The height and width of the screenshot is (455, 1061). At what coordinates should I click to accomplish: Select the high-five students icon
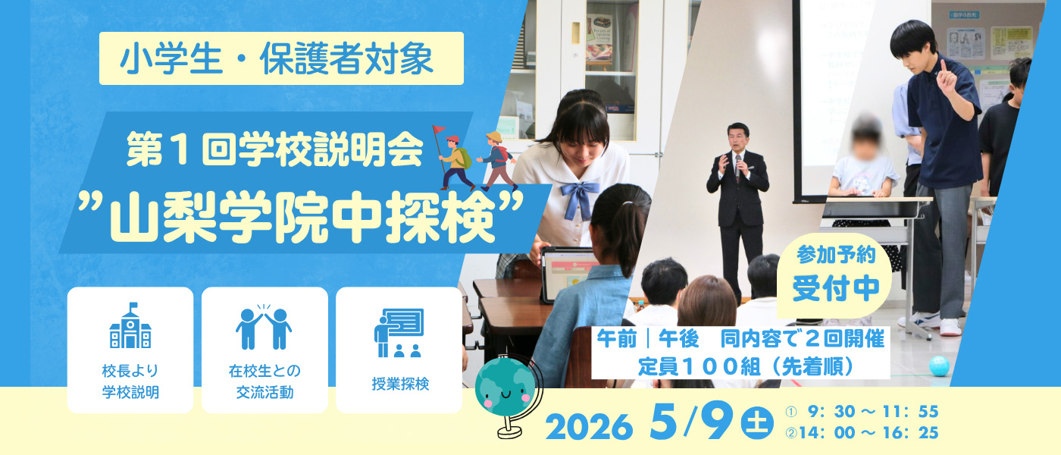coord(264,327)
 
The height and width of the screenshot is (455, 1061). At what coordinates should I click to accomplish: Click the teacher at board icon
coord(399,333)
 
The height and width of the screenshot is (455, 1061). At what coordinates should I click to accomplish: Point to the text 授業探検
coord(400,384)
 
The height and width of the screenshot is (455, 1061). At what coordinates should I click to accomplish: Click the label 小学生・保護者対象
coord(277,59)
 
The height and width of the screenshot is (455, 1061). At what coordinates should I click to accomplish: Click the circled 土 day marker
coord(757,422)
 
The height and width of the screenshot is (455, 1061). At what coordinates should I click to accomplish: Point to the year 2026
coord(589,427)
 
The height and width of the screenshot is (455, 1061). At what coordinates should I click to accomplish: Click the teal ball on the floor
coord(939,366)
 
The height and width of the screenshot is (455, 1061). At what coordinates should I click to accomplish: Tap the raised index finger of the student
coord(944,67)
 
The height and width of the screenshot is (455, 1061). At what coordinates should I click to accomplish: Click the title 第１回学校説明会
coord(274,149)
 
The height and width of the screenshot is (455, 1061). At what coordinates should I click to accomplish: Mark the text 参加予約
coord(836,255)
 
